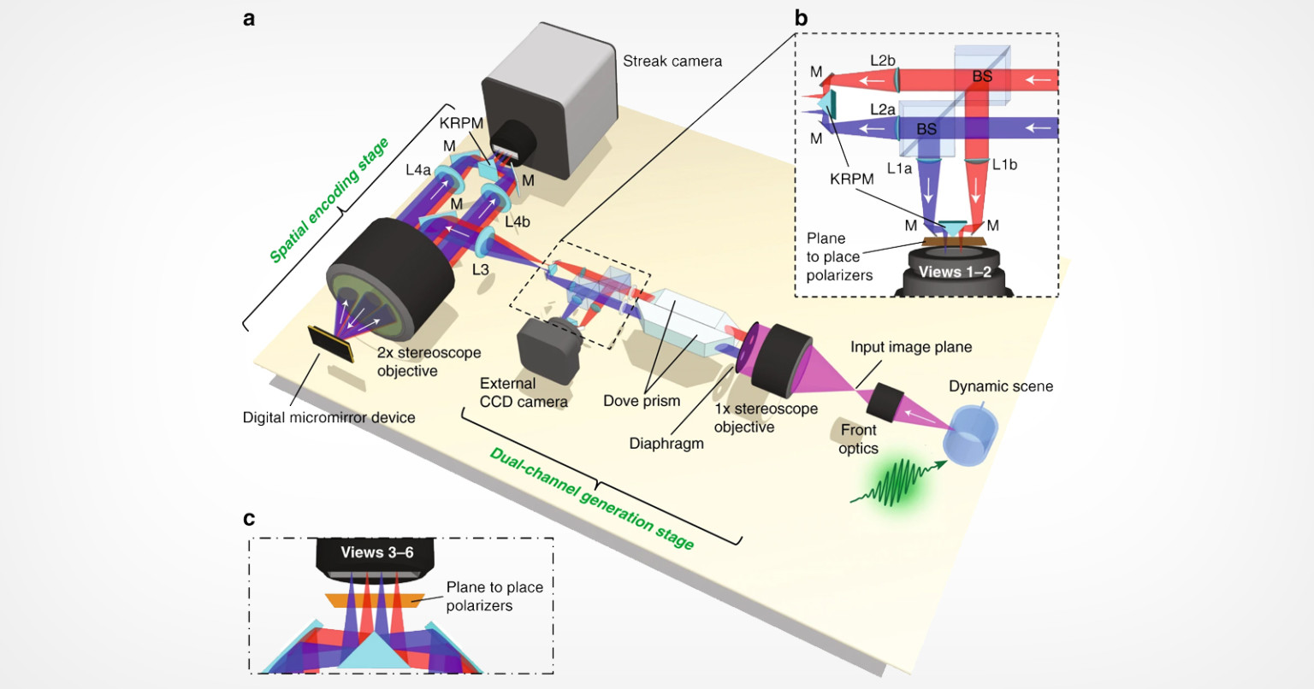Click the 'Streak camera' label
[x=672, y=62]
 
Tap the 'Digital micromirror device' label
[x=328, y=418]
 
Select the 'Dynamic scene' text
[x=1000, y=386]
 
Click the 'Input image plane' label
[x=910, y=347]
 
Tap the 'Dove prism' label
[x=642, y=401]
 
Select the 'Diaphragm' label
[x=666, y=444]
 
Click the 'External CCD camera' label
[x=523, y=392]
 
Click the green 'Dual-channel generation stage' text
[x=591, y=498]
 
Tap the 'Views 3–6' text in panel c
[x=376, y=552]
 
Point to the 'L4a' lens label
[x=418, y=169]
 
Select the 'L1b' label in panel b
[x=1004, y=164]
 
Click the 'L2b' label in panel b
[x=883, y=61]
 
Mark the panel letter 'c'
[x=249, y=519]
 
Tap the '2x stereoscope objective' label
[x=429, y=362]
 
